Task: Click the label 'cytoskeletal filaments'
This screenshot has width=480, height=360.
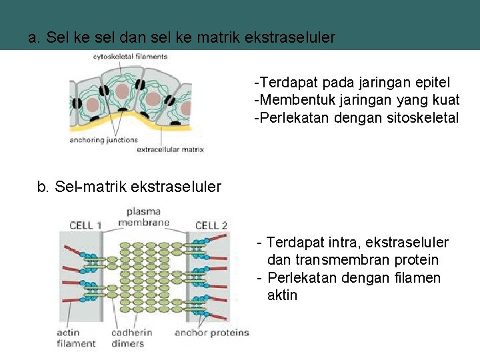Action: [130, 57]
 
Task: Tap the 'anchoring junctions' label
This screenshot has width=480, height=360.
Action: [103, 140]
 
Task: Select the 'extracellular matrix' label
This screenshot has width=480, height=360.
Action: [170, 149]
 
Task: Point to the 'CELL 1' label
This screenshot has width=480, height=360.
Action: [85, 226]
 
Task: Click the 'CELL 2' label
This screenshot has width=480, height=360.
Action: [211, 226]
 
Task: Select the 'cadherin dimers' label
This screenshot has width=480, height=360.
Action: [131, 338]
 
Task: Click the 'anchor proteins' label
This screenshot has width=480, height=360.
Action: [211, 333]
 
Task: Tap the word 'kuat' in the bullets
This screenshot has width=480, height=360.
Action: [445, 100]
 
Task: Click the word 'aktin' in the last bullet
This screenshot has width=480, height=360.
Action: [282, 295]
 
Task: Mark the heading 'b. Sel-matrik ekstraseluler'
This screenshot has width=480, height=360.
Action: [129, 187]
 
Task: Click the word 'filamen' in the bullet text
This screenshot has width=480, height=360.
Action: [417, 277]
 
